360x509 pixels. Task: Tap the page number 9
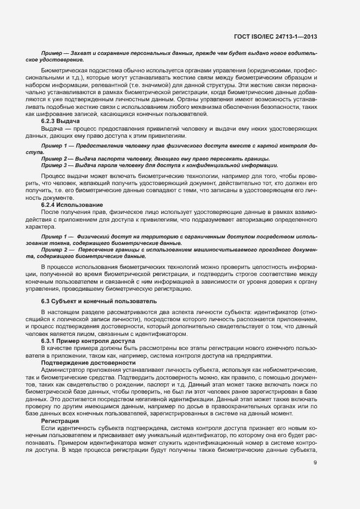[x=315, y=463]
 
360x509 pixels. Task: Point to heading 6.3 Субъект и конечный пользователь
[x=99, y=301]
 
